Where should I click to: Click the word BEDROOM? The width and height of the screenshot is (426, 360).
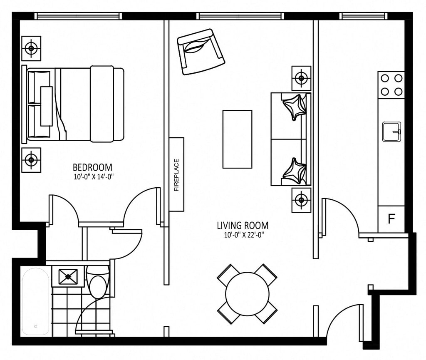92,167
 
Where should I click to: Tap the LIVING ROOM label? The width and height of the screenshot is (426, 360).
243,226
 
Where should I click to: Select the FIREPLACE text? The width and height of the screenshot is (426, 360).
176,175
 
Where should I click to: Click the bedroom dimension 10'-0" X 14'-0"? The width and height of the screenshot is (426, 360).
93,177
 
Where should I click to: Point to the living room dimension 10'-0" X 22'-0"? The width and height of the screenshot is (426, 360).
244,235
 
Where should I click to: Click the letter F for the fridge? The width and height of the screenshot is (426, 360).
391,218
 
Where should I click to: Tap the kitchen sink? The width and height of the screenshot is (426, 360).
392,132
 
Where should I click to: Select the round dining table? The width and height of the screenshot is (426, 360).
247,294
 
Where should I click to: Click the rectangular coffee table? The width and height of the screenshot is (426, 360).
237,139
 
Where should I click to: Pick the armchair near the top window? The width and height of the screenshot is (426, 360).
201,52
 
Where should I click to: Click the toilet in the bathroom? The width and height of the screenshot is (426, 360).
98,283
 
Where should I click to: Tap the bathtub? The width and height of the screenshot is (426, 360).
36,302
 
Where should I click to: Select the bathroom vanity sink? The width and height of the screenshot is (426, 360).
68,277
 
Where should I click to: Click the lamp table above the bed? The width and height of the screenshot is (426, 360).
31,48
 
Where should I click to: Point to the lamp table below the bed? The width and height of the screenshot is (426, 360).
31,160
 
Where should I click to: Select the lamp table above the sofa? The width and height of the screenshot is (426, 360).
301,78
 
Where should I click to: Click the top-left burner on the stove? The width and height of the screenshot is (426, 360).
384,78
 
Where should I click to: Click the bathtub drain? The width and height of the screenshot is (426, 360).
36,326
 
